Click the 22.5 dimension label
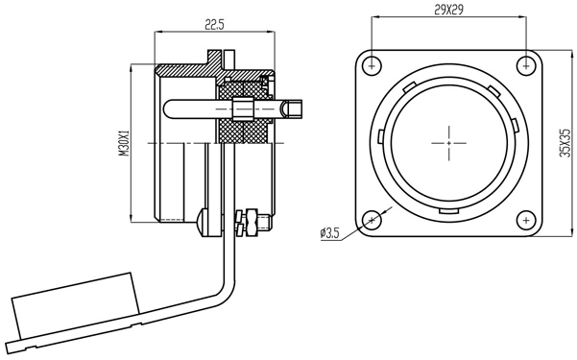pyautogui.click(x=214, y=25)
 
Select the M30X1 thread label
pyautogui.click(x=126, y=144)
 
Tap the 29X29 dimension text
pyautogui.click(x=448, y=10)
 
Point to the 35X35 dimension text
pyautogui.click(x=565, y=143)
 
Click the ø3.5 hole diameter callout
pyautogui.click(x=330, y=233)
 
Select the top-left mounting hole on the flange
pyautogui.click(x=372, y=66)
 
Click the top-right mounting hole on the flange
pyautogui.click(x=526, y=66)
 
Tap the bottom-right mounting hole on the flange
pyautogui.click(x=526, y=220)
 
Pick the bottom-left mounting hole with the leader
pyautogui.click(x=372, y=220)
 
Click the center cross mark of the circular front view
pyautogui.click(x=449, y=143)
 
